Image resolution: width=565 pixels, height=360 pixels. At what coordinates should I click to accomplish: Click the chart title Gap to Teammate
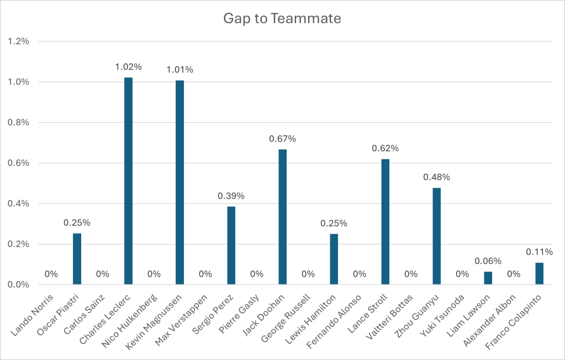point(282,18)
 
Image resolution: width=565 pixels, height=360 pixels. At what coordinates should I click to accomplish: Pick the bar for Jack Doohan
point(282,216)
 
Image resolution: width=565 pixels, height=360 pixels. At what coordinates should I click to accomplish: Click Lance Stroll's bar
point(385,221)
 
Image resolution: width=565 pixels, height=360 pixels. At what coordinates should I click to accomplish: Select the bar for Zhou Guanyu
point(436,236)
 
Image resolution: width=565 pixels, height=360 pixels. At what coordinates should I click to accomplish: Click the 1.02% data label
point(129,67)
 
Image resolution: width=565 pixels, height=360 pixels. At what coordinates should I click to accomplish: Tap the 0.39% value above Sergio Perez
point(231,196)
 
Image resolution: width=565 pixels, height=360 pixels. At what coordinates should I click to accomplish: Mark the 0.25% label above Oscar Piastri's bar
point(77,223)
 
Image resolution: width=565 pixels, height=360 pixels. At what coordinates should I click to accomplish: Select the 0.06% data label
point(488,261)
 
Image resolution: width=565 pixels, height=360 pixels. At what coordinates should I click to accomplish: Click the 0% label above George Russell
point(308,274)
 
